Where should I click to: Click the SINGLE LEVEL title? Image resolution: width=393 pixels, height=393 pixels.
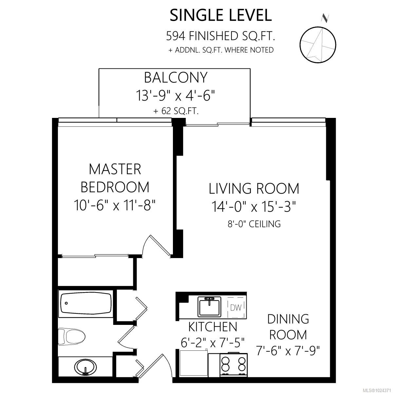pos(220,15)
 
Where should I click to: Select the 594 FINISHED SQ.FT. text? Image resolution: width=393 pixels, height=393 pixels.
pos(220,36)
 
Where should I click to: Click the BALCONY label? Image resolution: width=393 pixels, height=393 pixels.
pos(176,78)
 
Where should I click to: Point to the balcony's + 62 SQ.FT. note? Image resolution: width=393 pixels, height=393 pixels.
pos(176,111)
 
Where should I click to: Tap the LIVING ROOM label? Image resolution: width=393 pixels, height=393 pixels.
pos(254,189)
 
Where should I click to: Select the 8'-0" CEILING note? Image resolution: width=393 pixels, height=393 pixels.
pos(254,224)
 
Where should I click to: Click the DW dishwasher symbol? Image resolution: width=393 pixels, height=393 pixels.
pos(236,308)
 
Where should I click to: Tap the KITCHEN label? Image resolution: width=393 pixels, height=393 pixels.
pos(213,327)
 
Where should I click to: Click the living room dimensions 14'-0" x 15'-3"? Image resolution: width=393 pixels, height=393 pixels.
pos(254,207)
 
